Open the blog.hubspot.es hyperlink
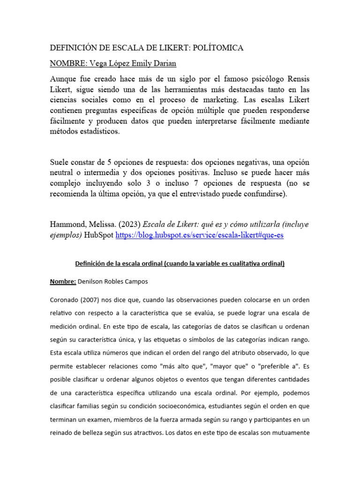(x=200, y=236)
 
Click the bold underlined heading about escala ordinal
(x=180, y=263)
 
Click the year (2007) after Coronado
(x=88, y=300)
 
